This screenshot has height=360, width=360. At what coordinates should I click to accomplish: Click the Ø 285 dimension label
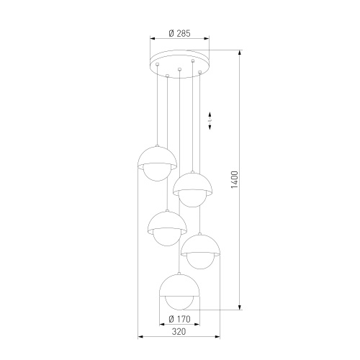[179, 32]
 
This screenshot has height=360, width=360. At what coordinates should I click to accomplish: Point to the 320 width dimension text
[179, 332]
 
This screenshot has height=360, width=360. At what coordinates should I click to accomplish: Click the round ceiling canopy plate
[179, 60]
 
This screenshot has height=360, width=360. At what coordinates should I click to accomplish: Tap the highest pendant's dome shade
[156, 157]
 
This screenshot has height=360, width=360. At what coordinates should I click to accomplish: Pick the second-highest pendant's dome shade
[192, 182]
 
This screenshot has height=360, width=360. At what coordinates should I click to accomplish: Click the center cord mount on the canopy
[179, 70]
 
